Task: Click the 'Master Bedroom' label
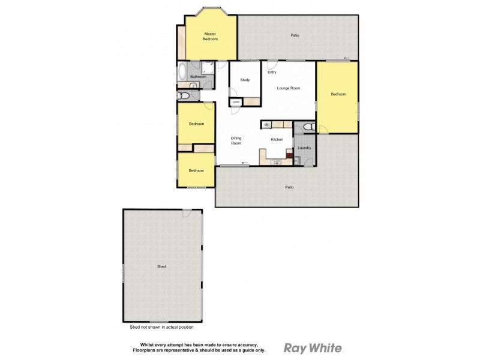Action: coord(210,37)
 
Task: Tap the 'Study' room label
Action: coord(245,80)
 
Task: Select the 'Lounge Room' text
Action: coord(288,88)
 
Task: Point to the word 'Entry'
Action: coord(272,73)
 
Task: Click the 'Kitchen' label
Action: coord(277,140)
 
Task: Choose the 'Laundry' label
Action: coord(304,148)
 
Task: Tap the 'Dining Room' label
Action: coord(236,141)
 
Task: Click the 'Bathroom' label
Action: coord(198,77)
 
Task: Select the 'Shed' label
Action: coord(161,266)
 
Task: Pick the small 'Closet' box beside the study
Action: coord(236,103)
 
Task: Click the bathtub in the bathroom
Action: coord(182,72)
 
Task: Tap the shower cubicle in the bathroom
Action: coord(209,67)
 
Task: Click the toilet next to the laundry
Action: coord(307,127)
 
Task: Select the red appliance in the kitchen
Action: coord(289,160)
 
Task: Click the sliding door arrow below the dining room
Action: coord(244,163)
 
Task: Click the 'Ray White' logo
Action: coord(312,348)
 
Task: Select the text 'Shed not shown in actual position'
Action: coord(161,328)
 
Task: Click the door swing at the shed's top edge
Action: coord(187,212)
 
